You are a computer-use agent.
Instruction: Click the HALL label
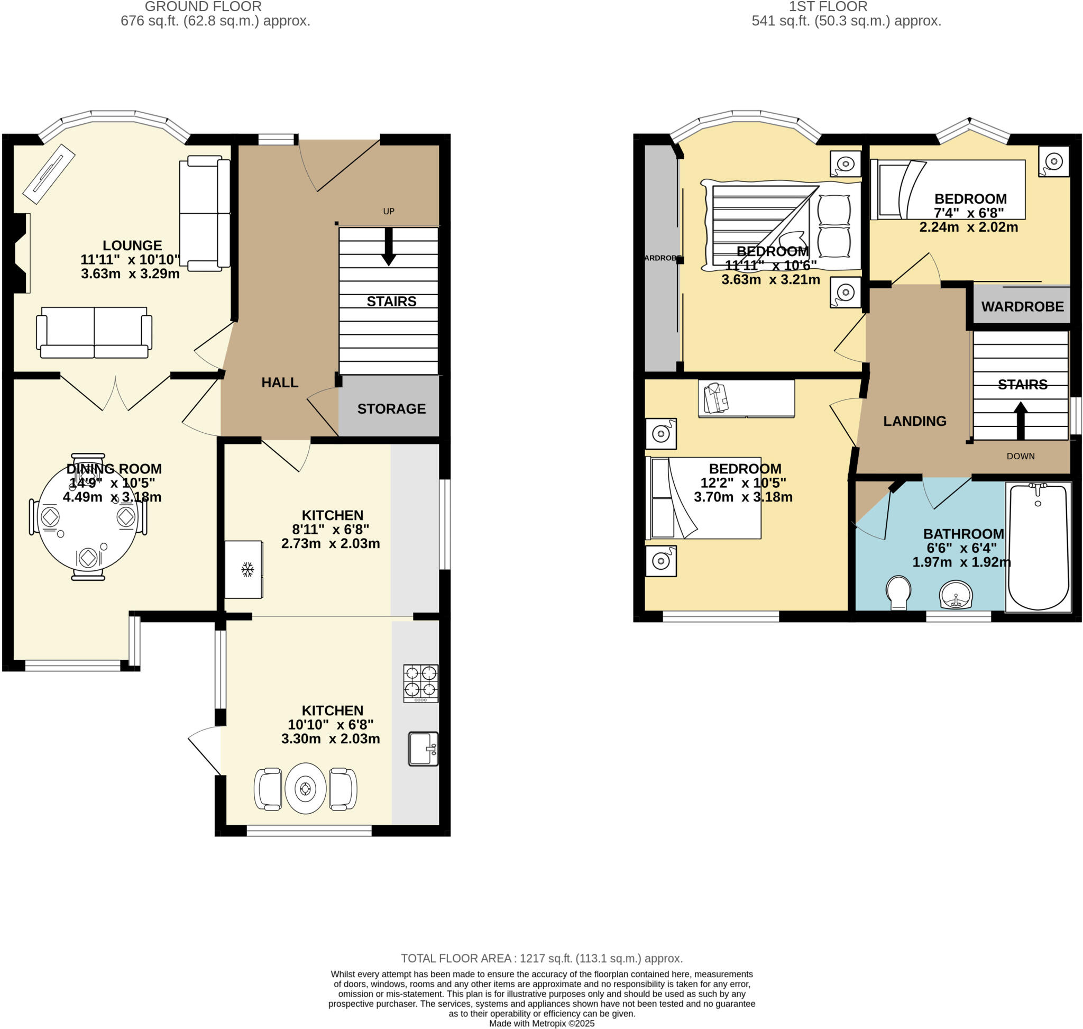coord(280,383)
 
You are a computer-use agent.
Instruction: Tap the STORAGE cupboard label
coord(391,408)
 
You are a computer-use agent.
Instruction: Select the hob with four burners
coord(420,683)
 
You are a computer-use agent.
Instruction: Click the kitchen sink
coord(423,748)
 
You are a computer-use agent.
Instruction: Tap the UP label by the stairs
coord(388,211)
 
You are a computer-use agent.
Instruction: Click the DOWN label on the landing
coord(1020,456)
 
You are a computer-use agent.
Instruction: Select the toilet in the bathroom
coord(898,592)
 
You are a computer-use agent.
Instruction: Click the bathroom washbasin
coord(955,595)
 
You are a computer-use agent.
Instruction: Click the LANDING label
coord(914,421)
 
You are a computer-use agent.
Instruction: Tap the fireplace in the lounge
coord(21,253)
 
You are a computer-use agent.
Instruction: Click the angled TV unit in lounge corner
coord(48,174)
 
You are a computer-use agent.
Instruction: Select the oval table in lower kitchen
coord(306,789)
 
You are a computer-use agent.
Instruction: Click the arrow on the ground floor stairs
coord(388,247)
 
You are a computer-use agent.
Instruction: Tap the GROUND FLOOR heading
coord(203,6)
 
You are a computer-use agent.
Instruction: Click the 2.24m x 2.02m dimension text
coord(968,227)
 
